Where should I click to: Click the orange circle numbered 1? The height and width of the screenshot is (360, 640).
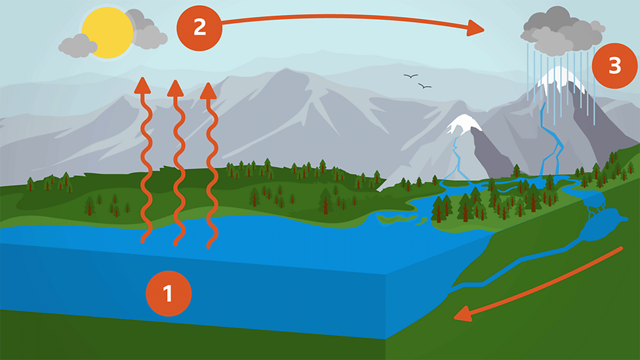point(169,293)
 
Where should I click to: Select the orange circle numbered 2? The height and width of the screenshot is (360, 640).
point(199,28)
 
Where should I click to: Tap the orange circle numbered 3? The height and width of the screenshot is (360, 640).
point(614,66)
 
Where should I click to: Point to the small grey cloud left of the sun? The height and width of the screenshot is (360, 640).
point(77,45)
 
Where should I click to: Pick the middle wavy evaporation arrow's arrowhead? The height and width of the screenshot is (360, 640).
point(175,87)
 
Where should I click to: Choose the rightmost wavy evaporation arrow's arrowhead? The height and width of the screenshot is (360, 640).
point(209,90)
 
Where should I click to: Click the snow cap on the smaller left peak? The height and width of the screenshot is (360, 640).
point(464,124)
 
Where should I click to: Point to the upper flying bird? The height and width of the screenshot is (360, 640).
point(410,77)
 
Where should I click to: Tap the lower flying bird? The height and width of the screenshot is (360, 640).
point(425,86)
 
